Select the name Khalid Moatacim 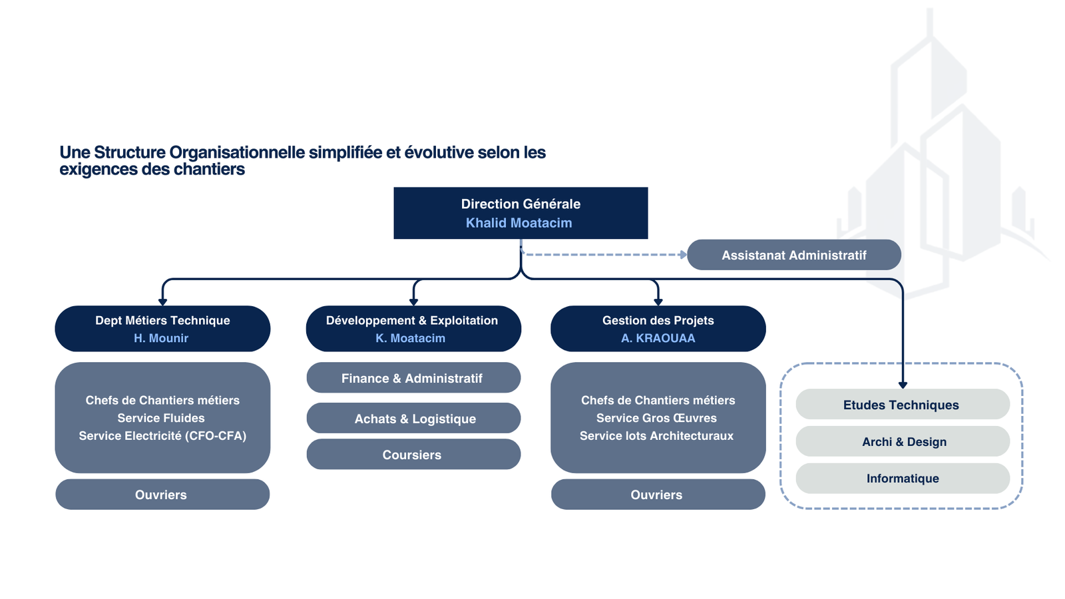[x=519, y=223]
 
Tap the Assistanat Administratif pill [x=793, y=255]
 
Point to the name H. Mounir [x=161, y=338]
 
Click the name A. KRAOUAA [x=658, y=338]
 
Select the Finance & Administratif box [x=413, y=378]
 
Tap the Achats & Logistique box [x=414, y=419]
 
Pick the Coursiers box [x=412, y=455]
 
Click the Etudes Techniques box [x=902, y=405]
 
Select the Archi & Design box [x=903, y=441]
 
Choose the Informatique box [x=903, y=478]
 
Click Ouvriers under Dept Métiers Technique [x=162, y=495]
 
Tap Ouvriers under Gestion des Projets [x=657, y=495]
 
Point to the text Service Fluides [x=161, y=418]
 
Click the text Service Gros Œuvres [x=656, y=418]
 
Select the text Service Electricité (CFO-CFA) [x=162, y=436]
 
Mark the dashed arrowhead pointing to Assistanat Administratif [x=683, y=254]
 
